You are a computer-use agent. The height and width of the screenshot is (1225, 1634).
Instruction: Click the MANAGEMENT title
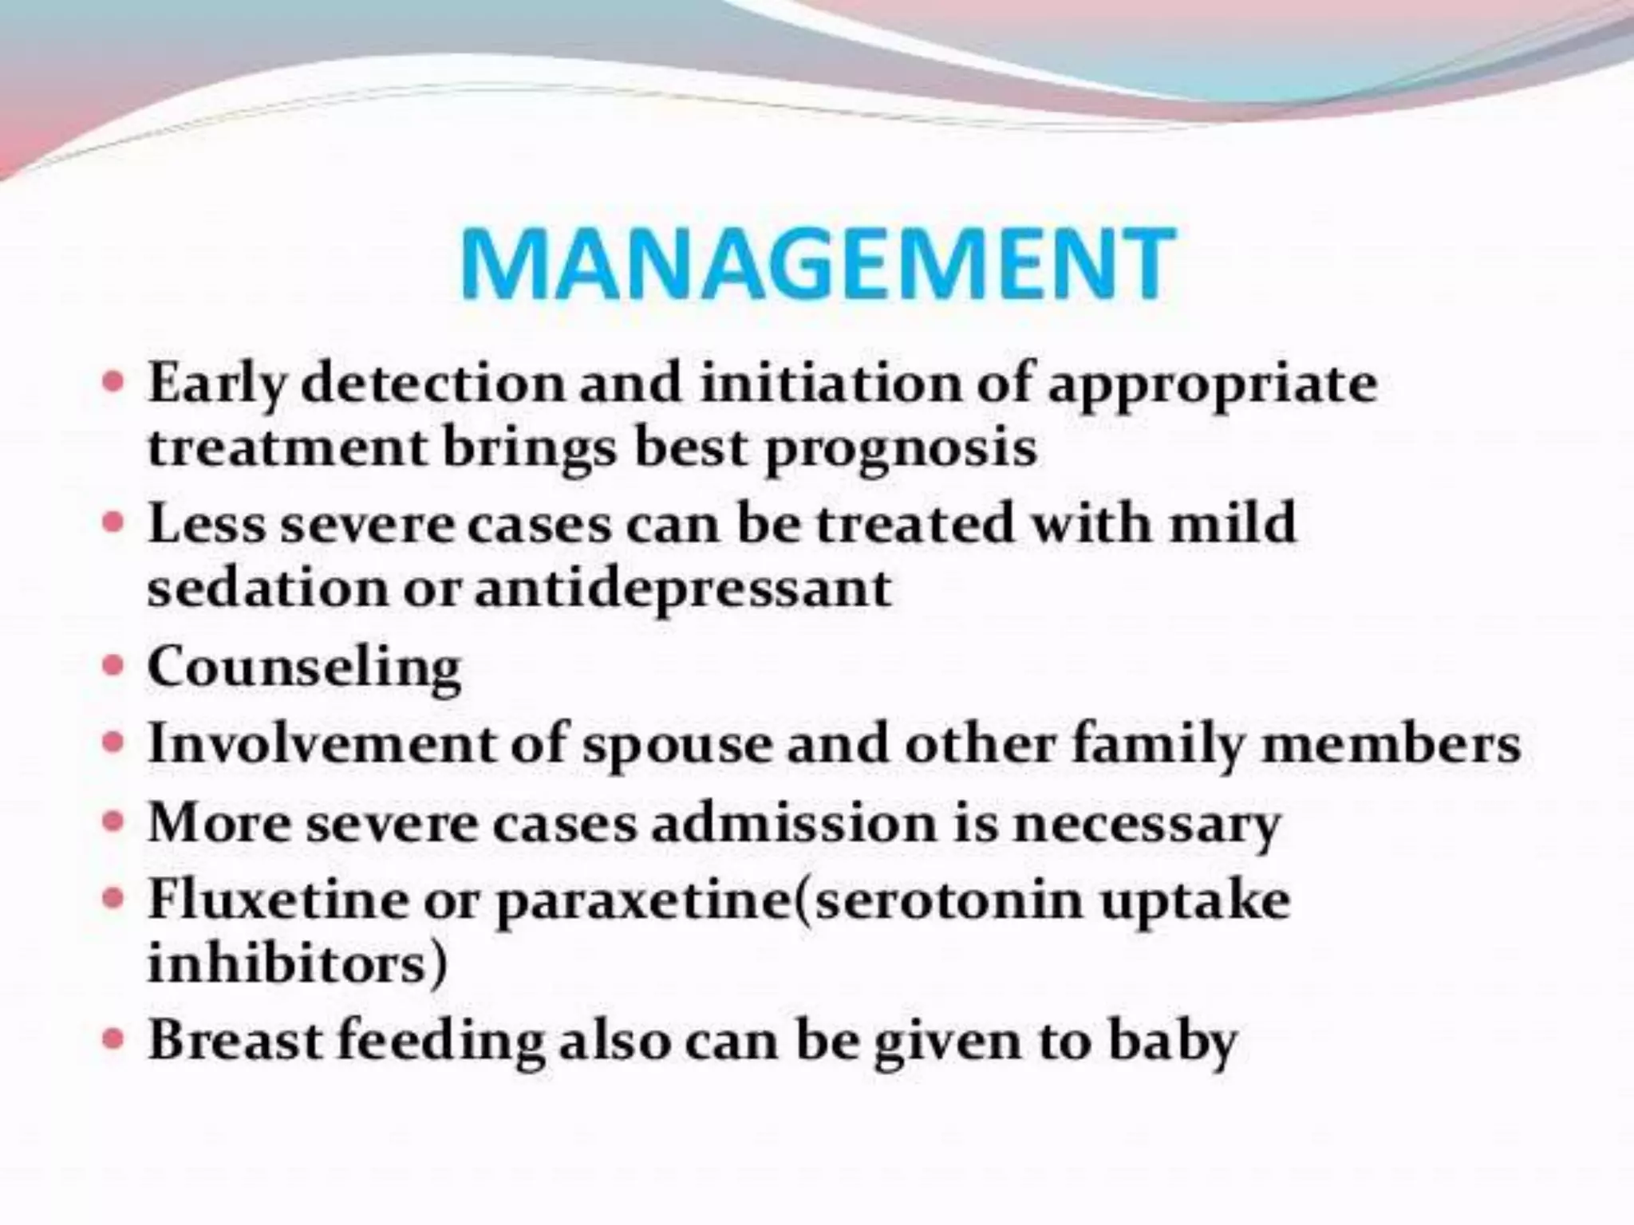point(817,263)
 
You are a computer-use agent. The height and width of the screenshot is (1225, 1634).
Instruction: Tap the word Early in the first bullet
point(215,385)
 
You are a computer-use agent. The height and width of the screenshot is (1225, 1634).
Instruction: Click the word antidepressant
point(683,590)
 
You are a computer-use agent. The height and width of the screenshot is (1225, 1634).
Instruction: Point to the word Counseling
point(304,668)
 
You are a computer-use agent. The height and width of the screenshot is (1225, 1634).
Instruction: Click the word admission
point(793,823)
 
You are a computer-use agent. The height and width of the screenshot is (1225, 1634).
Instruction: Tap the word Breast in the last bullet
point(235,1041)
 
